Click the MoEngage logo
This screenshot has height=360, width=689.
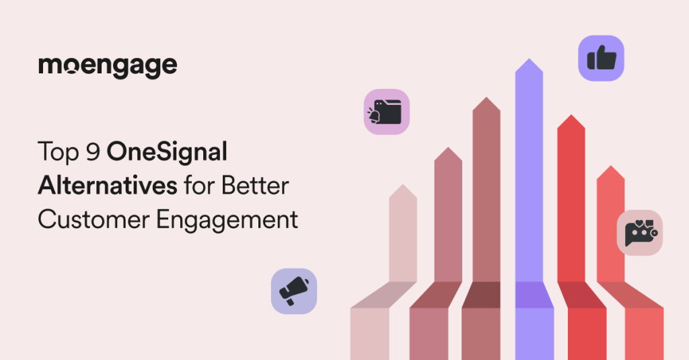pos(108,67)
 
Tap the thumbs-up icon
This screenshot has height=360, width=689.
pos(601,58)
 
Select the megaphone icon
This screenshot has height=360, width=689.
pos(294,291)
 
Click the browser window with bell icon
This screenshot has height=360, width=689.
pos(387,112)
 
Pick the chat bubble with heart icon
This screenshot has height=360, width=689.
pos(640,233)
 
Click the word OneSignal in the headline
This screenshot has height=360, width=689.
pos(167,152)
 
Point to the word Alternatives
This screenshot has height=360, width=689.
pos(108,186)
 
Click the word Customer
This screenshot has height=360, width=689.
pos(94,219)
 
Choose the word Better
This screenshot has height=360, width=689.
pos(255,186)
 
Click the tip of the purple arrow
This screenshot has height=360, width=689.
pos(529,59)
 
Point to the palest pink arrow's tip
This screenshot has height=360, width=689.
pos(403,185)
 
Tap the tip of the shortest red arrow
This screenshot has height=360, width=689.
pos(611,166)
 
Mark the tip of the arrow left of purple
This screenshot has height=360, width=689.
pos(486,98)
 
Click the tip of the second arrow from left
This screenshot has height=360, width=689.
pos(448,147)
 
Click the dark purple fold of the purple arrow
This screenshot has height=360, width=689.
pos(534,295)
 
